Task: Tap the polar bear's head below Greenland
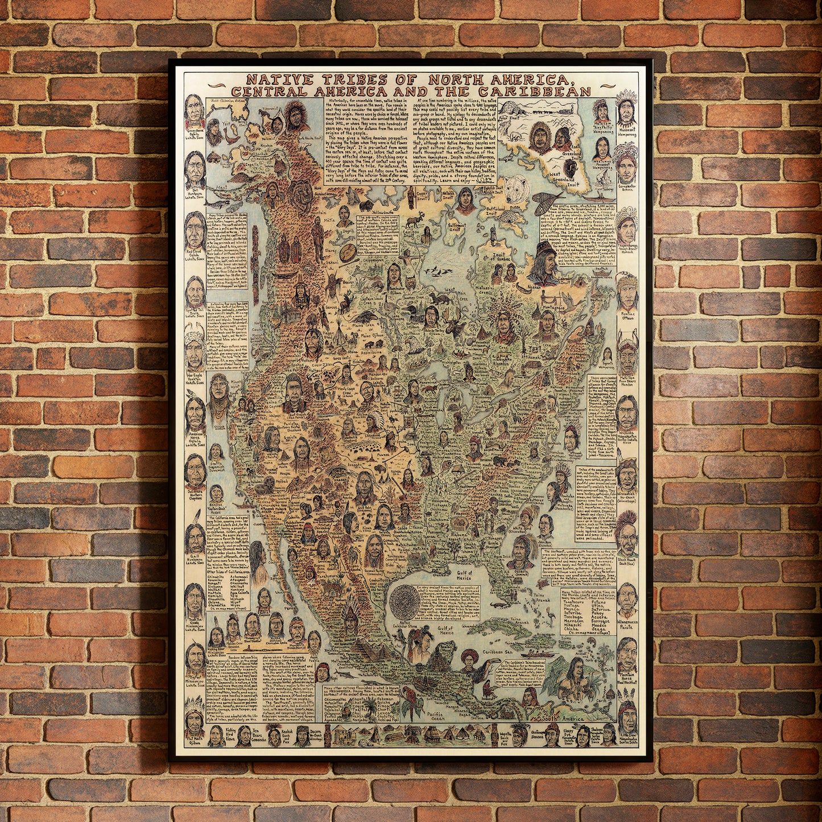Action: (519, 188)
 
